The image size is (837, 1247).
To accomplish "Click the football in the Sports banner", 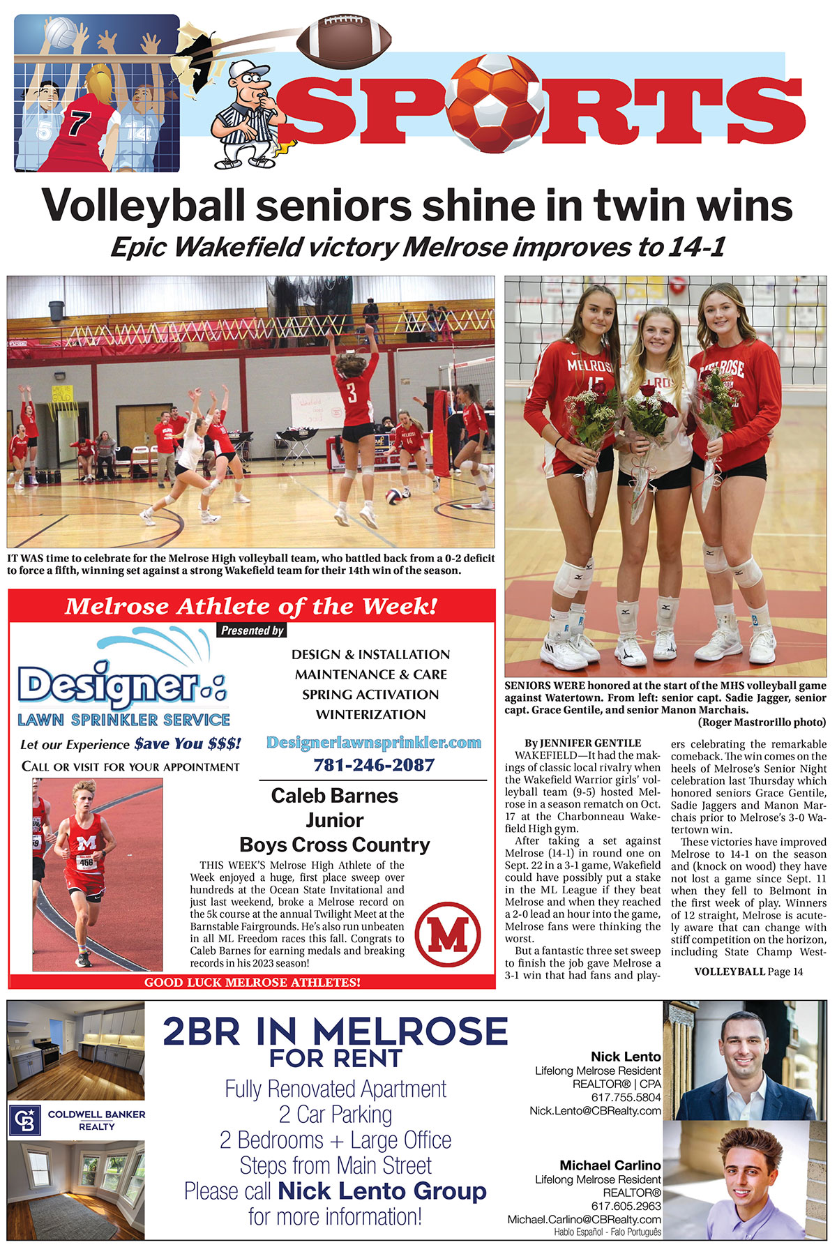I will coord(344,41).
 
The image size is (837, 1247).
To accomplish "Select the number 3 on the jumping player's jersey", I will coord(352,393).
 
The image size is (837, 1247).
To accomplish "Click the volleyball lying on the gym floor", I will coord(393,497).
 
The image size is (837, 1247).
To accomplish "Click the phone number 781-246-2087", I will coord(374,765).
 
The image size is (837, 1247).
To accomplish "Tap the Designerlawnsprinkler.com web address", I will coord(374,742).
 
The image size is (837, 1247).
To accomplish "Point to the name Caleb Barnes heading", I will coord(334,796).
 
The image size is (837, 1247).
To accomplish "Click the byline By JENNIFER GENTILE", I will coord(582,743).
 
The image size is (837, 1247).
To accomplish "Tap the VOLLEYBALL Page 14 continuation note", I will coord(748,972).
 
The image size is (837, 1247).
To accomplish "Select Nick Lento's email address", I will coord(595,1110).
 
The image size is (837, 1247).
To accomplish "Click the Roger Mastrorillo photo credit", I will coord(762,723).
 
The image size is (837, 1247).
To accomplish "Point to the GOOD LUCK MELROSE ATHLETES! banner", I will coord(252,982).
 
